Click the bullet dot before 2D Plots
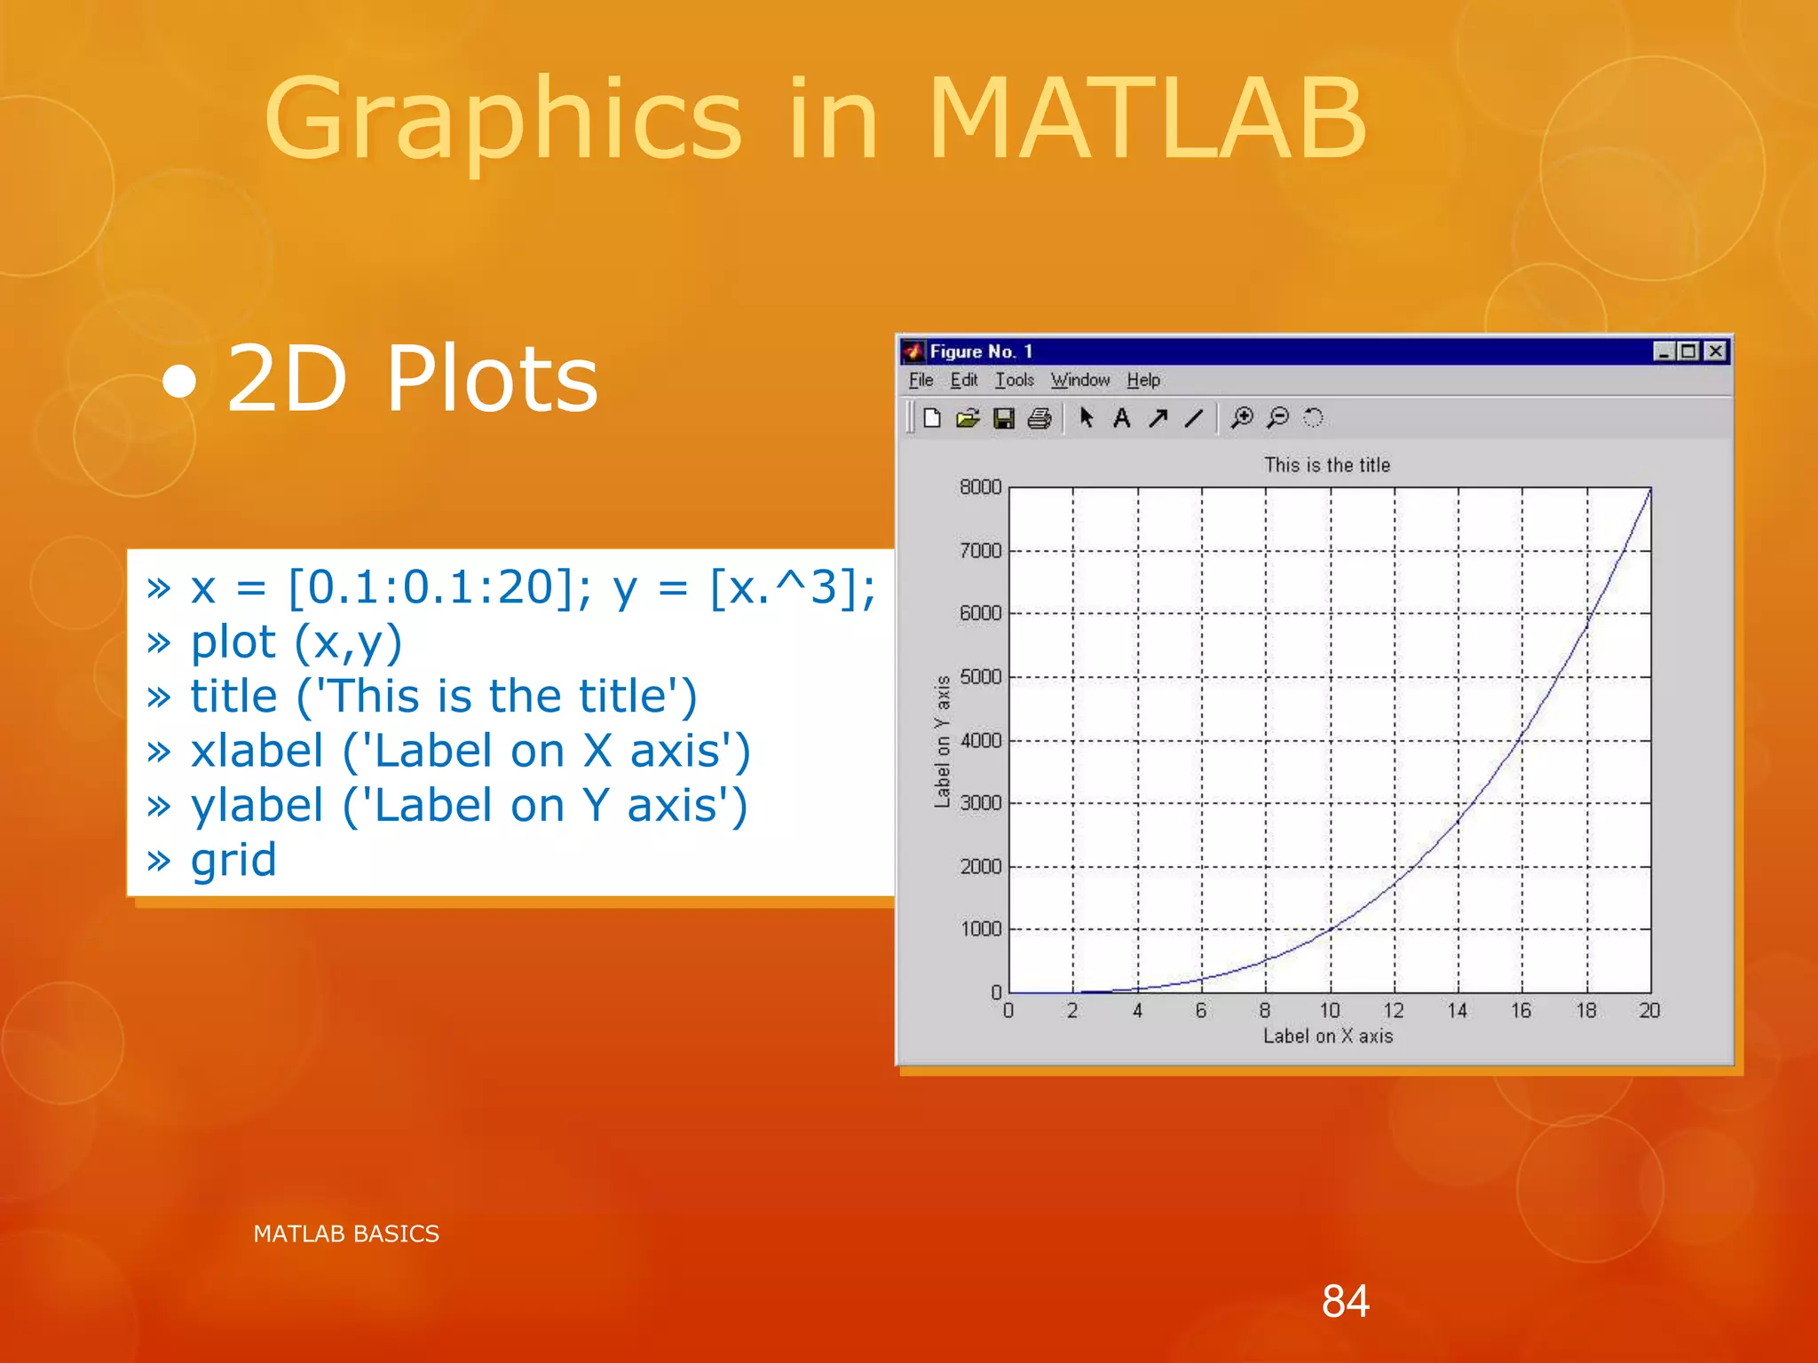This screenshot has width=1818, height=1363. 180,382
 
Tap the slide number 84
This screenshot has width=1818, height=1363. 1345,1302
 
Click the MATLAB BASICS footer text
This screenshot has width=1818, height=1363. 346,1233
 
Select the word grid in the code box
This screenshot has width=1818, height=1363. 233,860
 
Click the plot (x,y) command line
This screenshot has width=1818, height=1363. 296,642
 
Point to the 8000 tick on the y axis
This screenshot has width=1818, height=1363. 980,487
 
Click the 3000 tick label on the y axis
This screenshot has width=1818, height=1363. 980,803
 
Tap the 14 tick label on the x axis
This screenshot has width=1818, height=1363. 1457,1011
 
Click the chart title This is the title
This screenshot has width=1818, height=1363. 1327,465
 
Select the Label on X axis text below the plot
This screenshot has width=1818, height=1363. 1327,1036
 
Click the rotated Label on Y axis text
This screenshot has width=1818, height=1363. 942,742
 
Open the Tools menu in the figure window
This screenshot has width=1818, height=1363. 1014,381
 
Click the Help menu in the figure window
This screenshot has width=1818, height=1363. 1143,381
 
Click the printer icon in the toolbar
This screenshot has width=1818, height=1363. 1039,418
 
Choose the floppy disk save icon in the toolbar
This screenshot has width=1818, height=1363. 1004,418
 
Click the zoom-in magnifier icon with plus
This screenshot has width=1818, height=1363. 1242,418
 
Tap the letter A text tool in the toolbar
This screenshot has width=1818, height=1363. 1121,418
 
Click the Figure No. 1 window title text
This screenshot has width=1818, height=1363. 980,351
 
